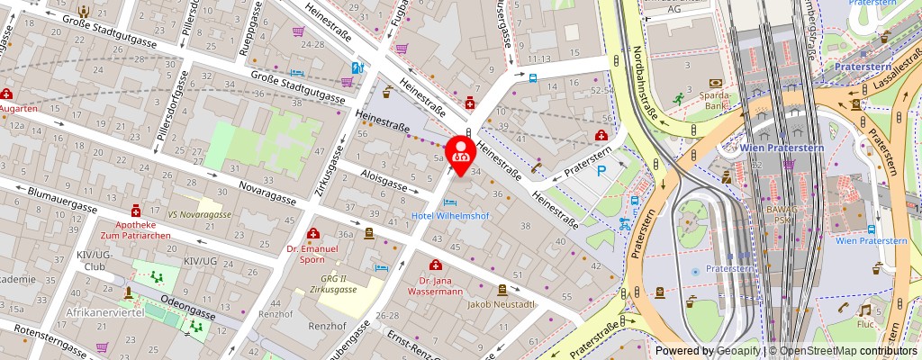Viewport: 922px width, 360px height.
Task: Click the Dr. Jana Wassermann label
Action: click(435, 285)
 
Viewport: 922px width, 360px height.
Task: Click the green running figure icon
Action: click(677, 97)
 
